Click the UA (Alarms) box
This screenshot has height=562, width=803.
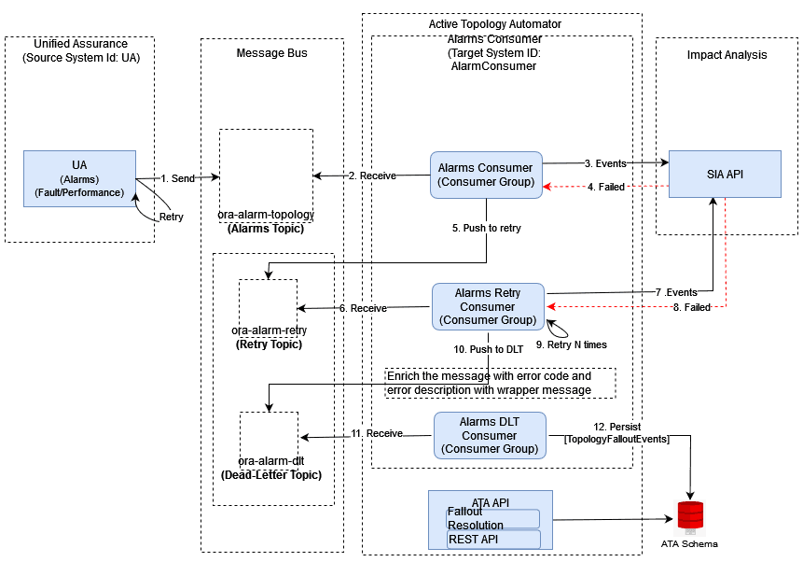click(x=80, y=178)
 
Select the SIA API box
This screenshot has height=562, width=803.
click(x=725, y=174)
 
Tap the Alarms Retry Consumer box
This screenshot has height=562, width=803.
click(x=487, y=307)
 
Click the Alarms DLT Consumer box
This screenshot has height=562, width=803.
click(x=490, y=435)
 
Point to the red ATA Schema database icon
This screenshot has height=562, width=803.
click(x=690, y=516)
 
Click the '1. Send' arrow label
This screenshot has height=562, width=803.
click(x=177, y=176)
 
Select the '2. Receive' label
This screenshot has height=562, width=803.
click(x=371, y=176)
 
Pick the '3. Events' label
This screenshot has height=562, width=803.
click(x=605, y=164)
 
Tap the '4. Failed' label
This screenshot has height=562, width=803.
click(x=605, y=188)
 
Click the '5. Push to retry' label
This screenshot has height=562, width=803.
click(x=487, y=228)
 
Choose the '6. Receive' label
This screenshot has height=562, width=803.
click(x=363, y=308)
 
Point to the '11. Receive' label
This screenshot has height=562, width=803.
click(x=363, y=434)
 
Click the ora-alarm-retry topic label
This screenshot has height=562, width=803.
click(x=269, y=330)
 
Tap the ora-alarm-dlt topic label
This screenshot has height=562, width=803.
click(x=270, y=461)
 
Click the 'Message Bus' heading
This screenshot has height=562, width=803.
click(x=271, y=53)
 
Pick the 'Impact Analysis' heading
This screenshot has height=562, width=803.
click(x=727, y=55)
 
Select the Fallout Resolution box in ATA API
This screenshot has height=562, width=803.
click(x=493, y=518)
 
